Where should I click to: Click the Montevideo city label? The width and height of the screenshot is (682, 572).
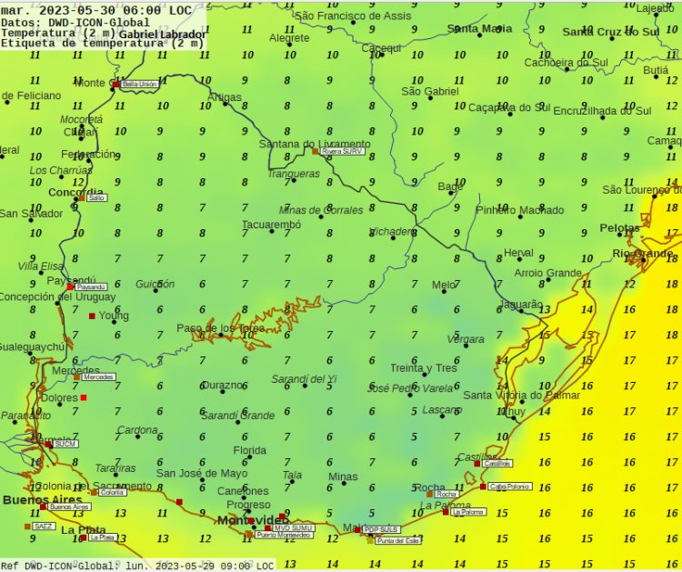tap(252, 520)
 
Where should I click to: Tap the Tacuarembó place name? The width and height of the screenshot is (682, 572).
tap(271, 225)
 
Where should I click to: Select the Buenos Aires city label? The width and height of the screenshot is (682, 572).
tap(42, 500)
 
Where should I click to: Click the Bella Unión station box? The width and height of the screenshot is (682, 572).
tap(139, 84)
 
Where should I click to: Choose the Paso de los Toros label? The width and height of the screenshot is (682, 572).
tap(221, 328)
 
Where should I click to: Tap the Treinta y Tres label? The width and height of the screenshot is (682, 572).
tap(423, 368)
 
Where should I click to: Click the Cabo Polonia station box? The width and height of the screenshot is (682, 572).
tap(509, 487)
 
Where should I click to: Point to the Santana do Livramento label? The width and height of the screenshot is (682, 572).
tap(315, 144)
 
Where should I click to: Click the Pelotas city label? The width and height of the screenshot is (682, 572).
tap(620, 228)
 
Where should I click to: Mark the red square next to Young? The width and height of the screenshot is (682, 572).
tap(92, 316)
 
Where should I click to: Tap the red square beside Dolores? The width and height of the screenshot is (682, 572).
tap(84, 397)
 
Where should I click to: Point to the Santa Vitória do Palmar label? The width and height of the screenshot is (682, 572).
tap(521, 396)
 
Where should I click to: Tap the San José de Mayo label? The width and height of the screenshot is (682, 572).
tap(201, 473)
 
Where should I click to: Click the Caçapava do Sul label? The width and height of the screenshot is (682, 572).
tap(503, 107)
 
